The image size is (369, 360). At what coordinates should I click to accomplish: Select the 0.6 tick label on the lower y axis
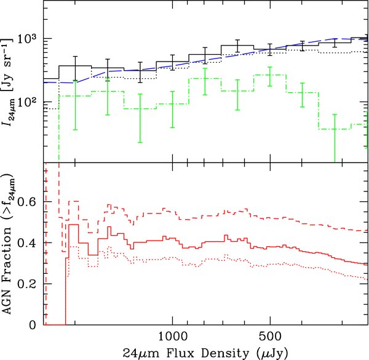[x=30, y=202]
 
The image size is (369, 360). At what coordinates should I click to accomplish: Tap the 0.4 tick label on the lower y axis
[x=30, y=243]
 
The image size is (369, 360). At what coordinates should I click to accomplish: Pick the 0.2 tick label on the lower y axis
[x=30, y=284]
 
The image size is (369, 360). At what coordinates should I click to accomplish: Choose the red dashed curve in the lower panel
[x=184, y=215]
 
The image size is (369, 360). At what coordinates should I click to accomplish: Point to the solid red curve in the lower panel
[x=184, y=241]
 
